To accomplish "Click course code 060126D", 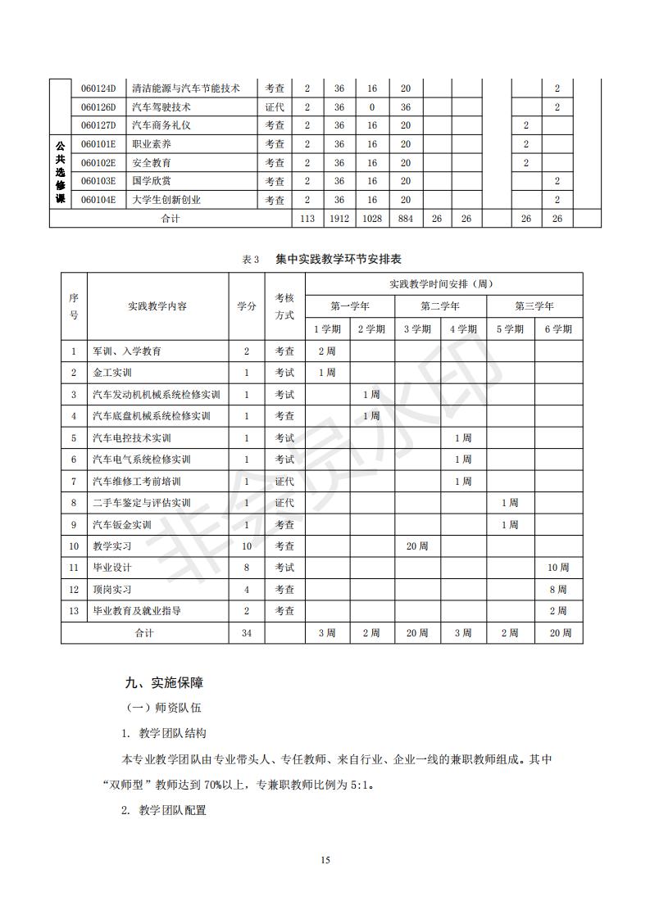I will pyautogui.click(x=98, y=106).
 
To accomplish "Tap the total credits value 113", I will pyautogui.click(x=307, y=219).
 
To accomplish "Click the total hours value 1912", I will pyautogui.click(x=339, y=219).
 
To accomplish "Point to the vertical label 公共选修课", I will pyautogui.click(x=60, y=172).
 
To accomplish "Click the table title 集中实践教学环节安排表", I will pyautogui.click(x=344, y=259).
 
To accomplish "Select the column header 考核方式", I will pyautogui.click(x=284, y=306).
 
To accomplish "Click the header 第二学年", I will pyautogui.click(x=440, y=306).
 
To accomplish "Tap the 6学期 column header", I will pyautogui.click(x=558, y=329).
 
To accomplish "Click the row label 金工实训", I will pyautogui.click(x=113, y=373).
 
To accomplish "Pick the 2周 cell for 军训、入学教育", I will pyautogui.click(x=326, y=351).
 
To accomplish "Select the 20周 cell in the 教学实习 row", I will pyautogui.click(x=417, y=546).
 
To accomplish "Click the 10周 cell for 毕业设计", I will pyautogui.click(x=558, y=568).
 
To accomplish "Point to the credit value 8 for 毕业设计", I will pyautogui.click(x=246, y=568).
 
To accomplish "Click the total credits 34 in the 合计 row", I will pyautogui.click(x=246, y=633).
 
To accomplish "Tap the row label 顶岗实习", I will pyautogui.click(x=113, y=590).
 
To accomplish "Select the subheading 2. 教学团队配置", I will pyautogui.click(x=164, y=810).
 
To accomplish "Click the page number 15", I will pyautogui.click(x=325, y=860).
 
